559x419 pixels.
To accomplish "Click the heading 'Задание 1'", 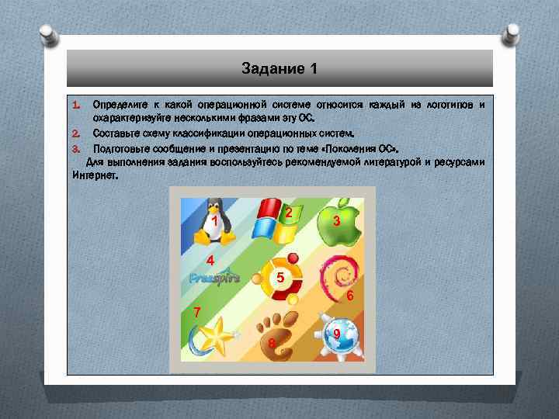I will click(x=279, y=69).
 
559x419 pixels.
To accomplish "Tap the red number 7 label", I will click(x=197, y=313).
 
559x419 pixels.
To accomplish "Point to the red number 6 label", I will click(x=350, y=297).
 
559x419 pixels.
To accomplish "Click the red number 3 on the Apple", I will click(x=335, y=223).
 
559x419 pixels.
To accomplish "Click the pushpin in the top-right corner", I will click(x=512, y=34).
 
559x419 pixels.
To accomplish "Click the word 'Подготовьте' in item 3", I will click(x=120, y=147).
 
